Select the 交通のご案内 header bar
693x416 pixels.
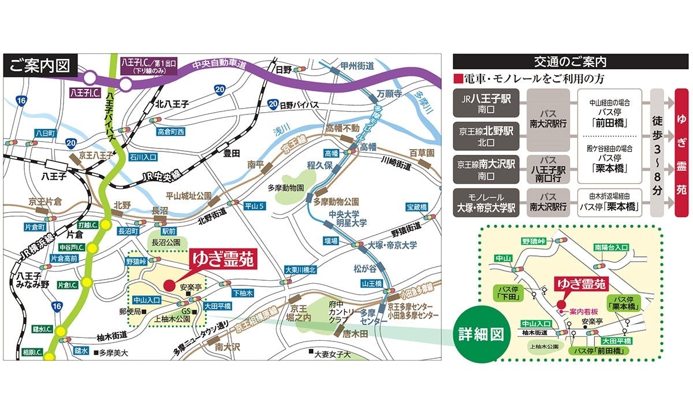571,61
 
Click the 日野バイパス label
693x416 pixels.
299,105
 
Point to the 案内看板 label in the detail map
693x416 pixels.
582,312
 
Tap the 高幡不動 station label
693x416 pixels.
342,128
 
